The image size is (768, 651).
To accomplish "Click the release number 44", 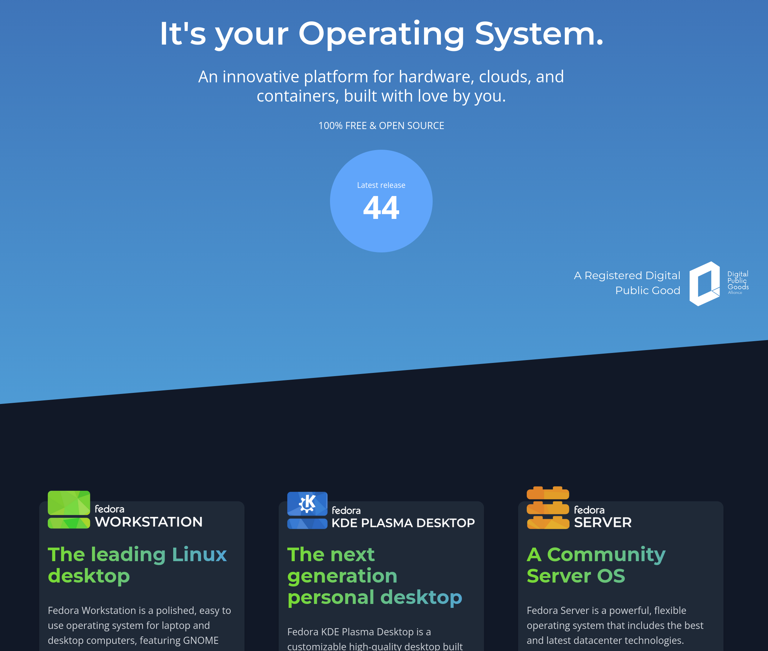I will pos(381,208).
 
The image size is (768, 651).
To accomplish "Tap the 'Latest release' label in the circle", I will pos(381,185).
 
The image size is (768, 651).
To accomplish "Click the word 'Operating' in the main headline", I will pos(381,34).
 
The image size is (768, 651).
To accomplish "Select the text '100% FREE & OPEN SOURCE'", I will pos(381,126).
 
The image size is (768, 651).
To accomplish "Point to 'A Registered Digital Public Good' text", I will pos(627,283).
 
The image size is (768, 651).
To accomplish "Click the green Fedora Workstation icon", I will pos(69,510).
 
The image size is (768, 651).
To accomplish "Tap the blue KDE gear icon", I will pos(307,503).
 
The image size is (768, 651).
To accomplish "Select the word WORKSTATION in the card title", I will pos(149,522).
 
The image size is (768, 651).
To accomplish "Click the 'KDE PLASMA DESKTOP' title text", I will pos(403,523).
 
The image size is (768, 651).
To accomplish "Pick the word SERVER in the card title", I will pos(603,523).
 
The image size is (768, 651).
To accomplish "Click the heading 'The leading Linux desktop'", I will pos(137,565).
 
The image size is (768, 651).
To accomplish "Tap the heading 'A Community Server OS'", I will pos(596,565).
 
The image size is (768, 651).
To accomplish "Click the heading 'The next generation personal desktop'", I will pos(375,576).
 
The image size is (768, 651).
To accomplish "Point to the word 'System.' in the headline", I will pos(539,34).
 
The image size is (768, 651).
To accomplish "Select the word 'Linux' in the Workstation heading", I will pos(199,555).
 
